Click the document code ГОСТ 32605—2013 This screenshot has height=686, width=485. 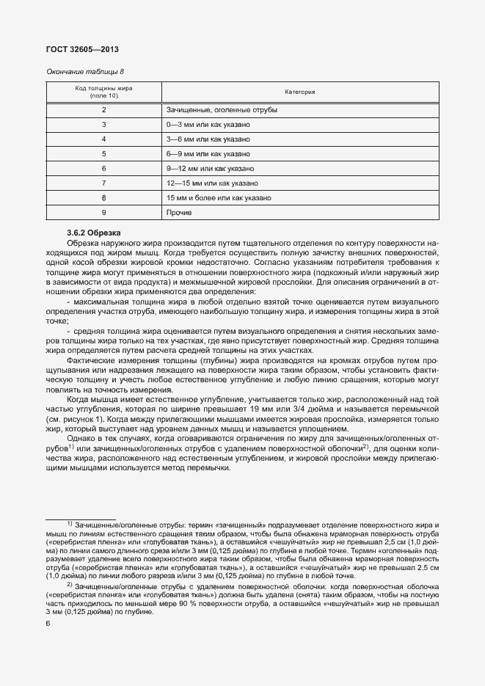pyautogui.click(x=82, y=50)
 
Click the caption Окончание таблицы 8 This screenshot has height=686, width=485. pyautogui.click(x=85, y=72)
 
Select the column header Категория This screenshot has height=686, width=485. pyautogui.click(x=299, y=92)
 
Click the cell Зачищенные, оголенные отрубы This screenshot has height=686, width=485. pyautogui.click(x=222, y=110)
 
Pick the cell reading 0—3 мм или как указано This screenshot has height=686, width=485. pyautogui.click(x=208, y=125)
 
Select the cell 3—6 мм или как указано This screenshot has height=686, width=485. pyautogui.click(x=208, y=139)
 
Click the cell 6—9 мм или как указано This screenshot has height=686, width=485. pyautogui.click(x=208, y=154)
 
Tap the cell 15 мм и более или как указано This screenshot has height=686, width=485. pyautogui.click(x=219, y=197)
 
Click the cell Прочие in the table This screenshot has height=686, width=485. pyautogui.click(x=179, y=212)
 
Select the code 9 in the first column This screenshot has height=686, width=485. pyautogui.click(x=103, y=212)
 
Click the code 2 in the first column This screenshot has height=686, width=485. pyautogui.click(x=103, y=110)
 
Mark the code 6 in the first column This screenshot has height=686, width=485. pyautogui.click(x=103, y=169)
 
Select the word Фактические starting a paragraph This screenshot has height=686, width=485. pyautogui.click(x=89, y=361)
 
